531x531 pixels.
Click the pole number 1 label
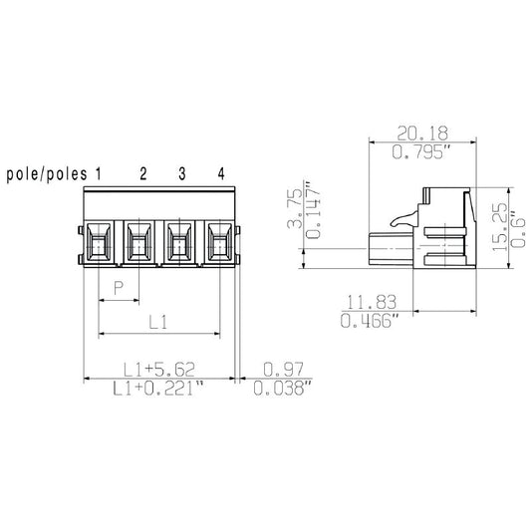[x=99, y=174]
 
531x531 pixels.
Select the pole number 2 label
[x=142, y=174]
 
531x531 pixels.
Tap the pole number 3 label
[x=181, y=174]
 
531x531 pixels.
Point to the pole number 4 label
[x=221, y=174]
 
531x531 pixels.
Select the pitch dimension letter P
[x=119, y=288]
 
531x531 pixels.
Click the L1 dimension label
[x=157, y=321]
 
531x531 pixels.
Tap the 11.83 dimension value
[x=367, y=301]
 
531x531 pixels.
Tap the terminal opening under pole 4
[x=219, y=242]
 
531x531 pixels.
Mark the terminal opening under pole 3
[x=179, y=242]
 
